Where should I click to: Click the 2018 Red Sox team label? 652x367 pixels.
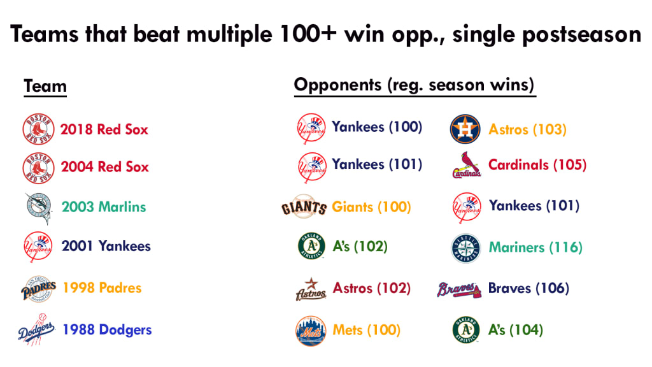click(104, 129)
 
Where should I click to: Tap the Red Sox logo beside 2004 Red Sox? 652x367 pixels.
click(38, 168)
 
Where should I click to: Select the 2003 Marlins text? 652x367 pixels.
click(104, 207)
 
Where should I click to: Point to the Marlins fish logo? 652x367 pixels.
click(38, 208)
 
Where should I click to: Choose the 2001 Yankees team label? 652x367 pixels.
click(106, 246)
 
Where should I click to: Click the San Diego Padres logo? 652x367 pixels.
click(39, 289)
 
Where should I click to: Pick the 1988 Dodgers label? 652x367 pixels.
click(107, 329)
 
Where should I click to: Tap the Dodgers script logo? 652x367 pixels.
click(36, 329)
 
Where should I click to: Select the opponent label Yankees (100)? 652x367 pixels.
click(377, 127)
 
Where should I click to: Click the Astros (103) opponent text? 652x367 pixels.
click(527, 129)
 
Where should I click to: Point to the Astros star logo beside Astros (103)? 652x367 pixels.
click(465, 129)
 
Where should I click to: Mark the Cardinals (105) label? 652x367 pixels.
click(537, 165)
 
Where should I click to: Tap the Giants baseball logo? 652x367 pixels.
click(304, 206)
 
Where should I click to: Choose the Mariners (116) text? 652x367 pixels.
click(535, 247)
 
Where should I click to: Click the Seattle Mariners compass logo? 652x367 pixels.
click(465, 248)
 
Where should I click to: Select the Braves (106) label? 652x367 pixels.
click(528, 288)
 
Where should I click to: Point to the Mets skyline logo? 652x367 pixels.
click(311, 331)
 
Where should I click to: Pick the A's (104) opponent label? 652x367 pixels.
click(516, 330)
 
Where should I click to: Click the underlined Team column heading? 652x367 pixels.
click(45, 86)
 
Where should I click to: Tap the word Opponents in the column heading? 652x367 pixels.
click(337, 85)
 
